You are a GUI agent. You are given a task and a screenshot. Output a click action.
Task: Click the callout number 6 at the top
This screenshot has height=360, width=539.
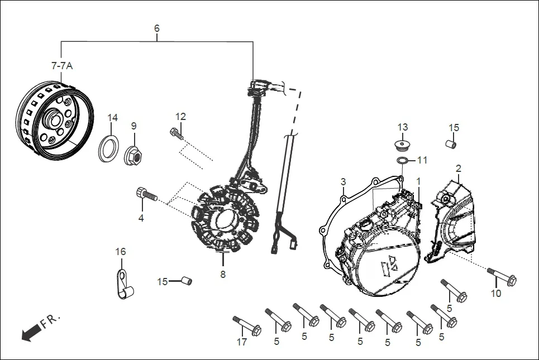(x=157, y=28)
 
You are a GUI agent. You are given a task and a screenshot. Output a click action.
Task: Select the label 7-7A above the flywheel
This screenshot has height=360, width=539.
(x=62, y=66)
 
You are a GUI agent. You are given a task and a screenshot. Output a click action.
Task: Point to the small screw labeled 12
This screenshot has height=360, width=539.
(x=175, y=133)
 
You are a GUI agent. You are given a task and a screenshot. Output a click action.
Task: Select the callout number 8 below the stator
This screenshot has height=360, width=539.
(x=223, y=274)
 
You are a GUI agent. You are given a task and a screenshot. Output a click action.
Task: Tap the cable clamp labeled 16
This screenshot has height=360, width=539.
(x=123, y=284)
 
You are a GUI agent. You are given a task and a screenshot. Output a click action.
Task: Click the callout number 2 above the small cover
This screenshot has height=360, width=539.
(x=458, y=168)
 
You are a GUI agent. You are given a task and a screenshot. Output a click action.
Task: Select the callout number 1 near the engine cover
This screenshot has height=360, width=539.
(x=418, y=181)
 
